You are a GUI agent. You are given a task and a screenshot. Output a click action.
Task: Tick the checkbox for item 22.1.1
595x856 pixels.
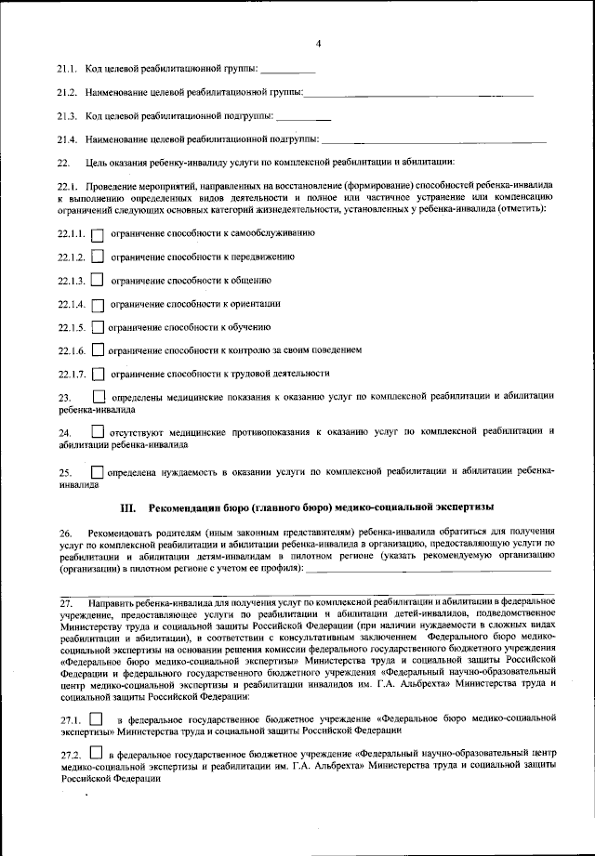(x=98, y=234)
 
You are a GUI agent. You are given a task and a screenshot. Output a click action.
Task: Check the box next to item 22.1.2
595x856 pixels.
(x=98, y=257)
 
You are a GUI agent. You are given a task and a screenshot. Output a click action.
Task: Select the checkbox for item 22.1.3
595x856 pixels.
(x=98, y=281)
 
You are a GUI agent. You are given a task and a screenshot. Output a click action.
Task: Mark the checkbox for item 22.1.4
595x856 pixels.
(x=98, y=304)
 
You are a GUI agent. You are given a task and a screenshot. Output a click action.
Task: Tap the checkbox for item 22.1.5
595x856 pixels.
(x=98, y=328)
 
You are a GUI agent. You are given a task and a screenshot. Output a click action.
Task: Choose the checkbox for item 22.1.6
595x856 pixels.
(x=98, y=351)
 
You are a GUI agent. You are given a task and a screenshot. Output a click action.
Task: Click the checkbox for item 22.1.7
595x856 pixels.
(x=98, y=375)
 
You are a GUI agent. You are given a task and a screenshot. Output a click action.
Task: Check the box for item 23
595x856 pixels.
(x=99, y=398)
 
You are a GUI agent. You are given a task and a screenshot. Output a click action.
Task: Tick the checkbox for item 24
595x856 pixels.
(x=98, y=432)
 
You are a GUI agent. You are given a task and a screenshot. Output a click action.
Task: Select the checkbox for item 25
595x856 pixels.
(x=98, y=471)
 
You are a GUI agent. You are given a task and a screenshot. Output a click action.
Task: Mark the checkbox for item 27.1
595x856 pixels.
(x=97, y=719)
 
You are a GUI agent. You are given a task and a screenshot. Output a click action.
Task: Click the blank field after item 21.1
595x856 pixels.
(x=288, y=71)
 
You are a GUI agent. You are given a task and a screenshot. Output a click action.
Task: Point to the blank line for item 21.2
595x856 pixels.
(x=418, y=94)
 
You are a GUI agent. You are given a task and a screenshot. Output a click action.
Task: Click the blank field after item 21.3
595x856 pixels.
(x=303, y=117)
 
